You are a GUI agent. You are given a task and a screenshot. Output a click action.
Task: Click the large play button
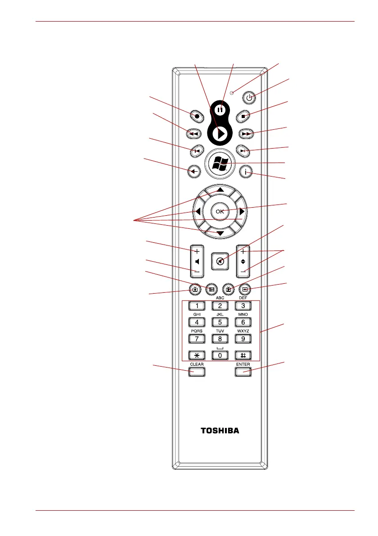click(x=220, y=134)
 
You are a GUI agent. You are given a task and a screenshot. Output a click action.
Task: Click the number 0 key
click(x=220, y=355)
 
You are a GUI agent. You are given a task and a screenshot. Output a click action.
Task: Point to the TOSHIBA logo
click(x=220, y=431)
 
